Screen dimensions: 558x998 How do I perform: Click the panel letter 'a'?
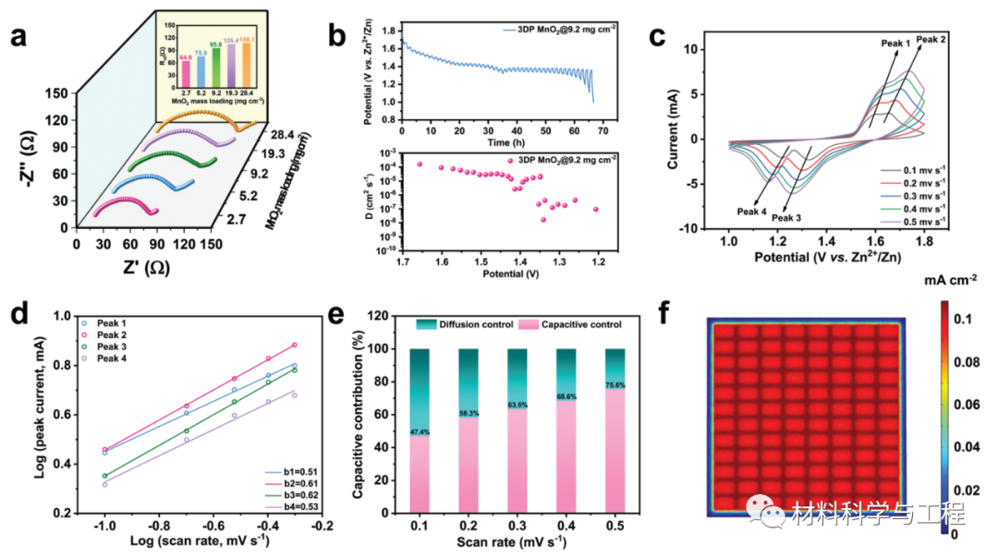19,38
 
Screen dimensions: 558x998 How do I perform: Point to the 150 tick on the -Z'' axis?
55,93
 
